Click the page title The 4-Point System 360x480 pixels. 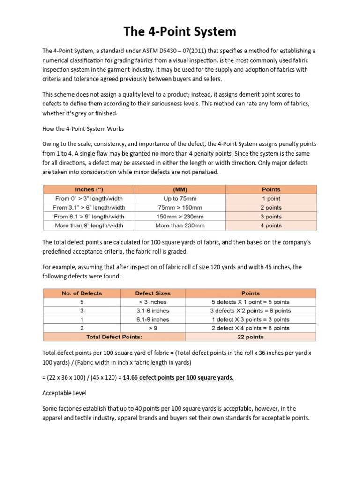point(180,32)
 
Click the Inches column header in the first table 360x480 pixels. point(89,189)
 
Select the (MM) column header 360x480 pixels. point(180,189)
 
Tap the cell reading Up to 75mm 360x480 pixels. point(180,198)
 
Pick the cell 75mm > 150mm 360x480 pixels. point(180,207)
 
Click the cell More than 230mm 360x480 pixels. point(180,225)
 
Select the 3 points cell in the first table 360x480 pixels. point(271,217)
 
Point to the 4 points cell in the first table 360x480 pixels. point(271,225)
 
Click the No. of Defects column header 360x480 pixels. point(82,293)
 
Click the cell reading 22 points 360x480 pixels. point(251,337)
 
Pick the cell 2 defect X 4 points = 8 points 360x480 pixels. point(251,328)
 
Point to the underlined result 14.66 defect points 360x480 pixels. point(178,377)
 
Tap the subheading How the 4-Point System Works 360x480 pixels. point(83,128)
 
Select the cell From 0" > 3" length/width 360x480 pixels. point(89,198)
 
